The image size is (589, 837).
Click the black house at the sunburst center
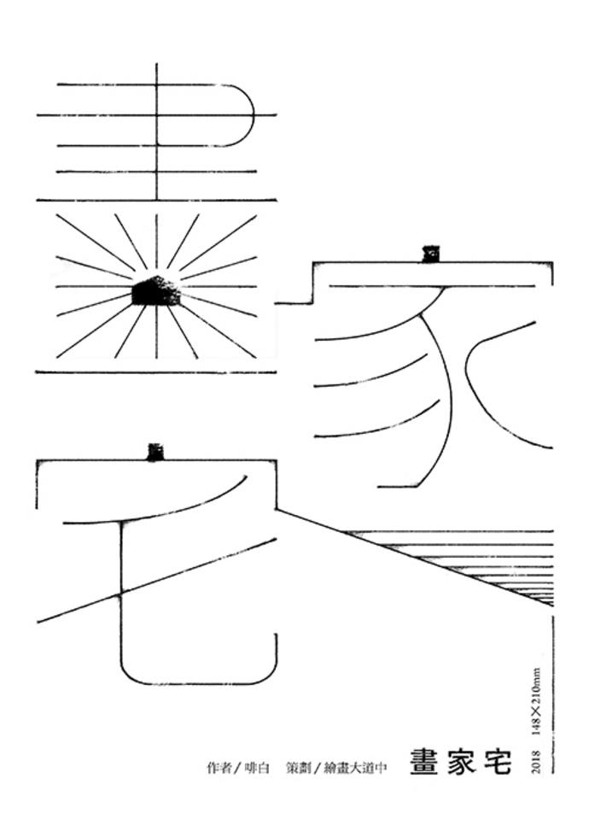coord(156,292)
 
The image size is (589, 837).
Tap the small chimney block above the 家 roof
coord(428,253)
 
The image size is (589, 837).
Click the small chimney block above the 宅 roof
coord(155,451)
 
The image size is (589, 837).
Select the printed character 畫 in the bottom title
coord(424,762)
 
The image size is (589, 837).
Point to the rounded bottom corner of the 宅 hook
coord(137,675)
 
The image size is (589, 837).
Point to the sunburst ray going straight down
coord(156,333)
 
